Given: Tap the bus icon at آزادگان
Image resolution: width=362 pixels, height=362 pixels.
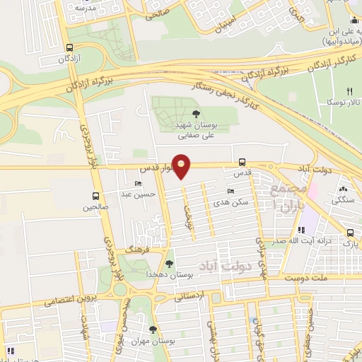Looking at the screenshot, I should coord(69,48).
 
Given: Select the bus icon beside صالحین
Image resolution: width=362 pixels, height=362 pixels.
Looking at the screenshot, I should coord(95,197).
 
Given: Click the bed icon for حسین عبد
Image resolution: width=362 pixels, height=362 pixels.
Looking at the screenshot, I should coord(137,183).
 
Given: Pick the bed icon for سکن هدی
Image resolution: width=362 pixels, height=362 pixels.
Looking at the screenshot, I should coord(230,192).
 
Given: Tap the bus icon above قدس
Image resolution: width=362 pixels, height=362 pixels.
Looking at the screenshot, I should coord(243,161).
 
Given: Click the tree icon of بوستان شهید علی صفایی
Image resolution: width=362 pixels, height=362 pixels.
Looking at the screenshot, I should coord(196,114).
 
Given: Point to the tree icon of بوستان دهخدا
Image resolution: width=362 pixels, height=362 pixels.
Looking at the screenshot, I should coord(169,263).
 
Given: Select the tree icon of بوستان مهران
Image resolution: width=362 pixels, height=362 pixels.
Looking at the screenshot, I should coord(152,329).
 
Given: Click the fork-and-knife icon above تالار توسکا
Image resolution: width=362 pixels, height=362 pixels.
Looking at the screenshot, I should coord(349,91).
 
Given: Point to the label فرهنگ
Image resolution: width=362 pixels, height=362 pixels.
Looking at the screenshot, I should coord(134,250).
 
